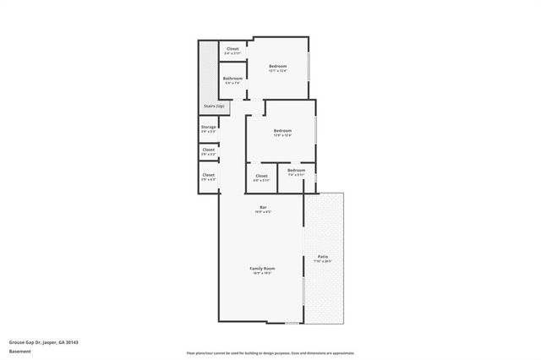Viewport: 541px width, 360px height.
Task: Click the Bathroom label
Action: (x=232, y=79)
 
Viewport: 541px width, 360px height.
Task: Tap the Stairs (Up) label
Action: (x=214, y=106)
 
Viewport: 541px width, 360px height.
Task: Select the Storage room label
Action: (x=208, y=128)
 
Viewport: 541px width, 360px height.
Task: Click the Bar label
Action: (x=263, y=207)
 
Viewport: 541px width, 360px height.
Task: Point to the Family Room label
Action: (x=262, y=269)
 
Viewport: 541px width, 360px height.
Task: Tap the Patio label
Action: (x=323, y=256)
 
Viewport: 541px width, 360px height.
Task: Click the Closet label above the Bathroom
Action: (x=233, y=48)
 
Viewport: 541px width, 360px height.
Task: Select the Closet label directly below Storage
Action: (x=208, y=150)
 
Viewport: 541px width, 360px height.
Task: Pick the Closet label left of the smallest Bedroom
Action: (x=261, y=176)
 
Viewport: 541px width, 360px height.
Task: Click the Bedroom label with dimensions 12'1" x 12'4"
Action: (x=278, y=66)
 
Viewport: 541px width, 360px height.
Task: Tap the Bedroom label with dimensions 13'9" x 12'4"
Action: (x=282, y=130)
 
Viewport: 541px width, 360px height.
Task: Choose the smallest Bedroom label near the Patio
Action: (x=296, y=171)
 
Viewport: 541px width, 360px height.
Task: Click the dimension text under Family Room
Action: (x=262, y=274)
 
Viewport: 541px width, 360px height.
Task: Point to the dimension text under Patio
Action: (x=323, y=261)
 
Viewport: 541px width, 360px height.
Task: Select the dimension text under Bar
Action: (x=263, y=212)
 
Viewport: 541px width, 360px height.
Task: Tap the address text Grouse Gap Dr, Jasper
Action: (x=42, y=342)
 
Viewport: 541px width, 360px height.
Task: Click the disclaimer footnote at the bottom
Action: (x=270, y=353)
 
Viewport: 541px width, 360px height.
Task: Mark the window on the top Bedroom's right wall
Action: (x=309, y=67)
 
